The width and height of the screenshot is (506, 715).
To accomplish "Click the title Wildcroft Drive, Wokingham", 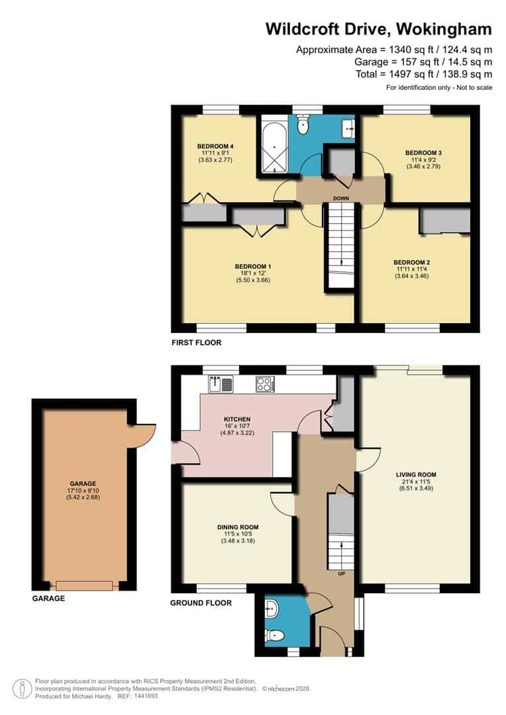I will point(378,29).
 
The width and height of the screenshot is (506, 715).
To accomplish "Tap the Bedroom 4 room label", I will point(215,146).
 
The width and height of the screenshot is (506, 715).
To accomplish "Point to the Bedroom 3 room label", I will point(423,152).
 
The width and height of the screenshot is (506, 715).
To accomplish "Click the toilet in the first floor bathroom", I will point(303,125).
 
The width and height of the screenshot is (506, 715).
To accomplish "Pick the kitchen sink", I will point(221,383).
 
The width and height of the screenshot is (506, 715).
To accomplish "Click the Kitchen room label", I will point(236,419).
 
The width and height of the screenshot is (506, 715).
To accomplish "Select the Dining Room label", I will point(236,527).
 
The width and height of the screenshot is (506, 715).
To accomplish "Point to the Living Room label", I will point(416,475).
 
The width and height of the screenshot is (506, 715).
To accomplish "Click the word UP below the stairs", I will point(342,573).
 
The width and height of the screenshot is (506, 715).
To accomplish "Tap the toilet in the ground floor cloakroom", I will point(276,636).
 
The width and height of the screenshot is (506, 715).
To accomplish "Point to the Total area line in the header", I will point(424,73).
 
